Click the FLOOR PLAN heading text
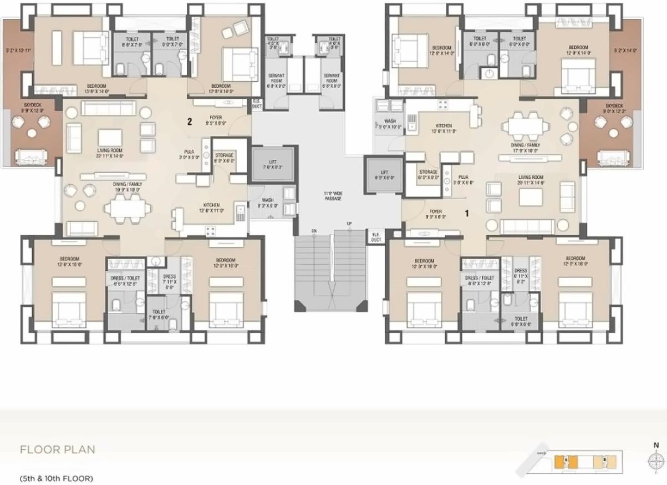[58, 449]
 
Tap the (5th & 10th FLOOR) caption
[56, 478]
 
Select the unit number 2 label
[190, 123]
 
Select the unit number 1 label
[467, 213]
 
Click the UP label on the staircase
[349, 224]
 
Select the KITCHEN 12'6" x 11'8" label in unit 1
[443, 128]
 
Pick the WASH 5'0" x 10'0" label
[390, 124]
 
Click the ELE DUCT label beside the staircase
[376, 236]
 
